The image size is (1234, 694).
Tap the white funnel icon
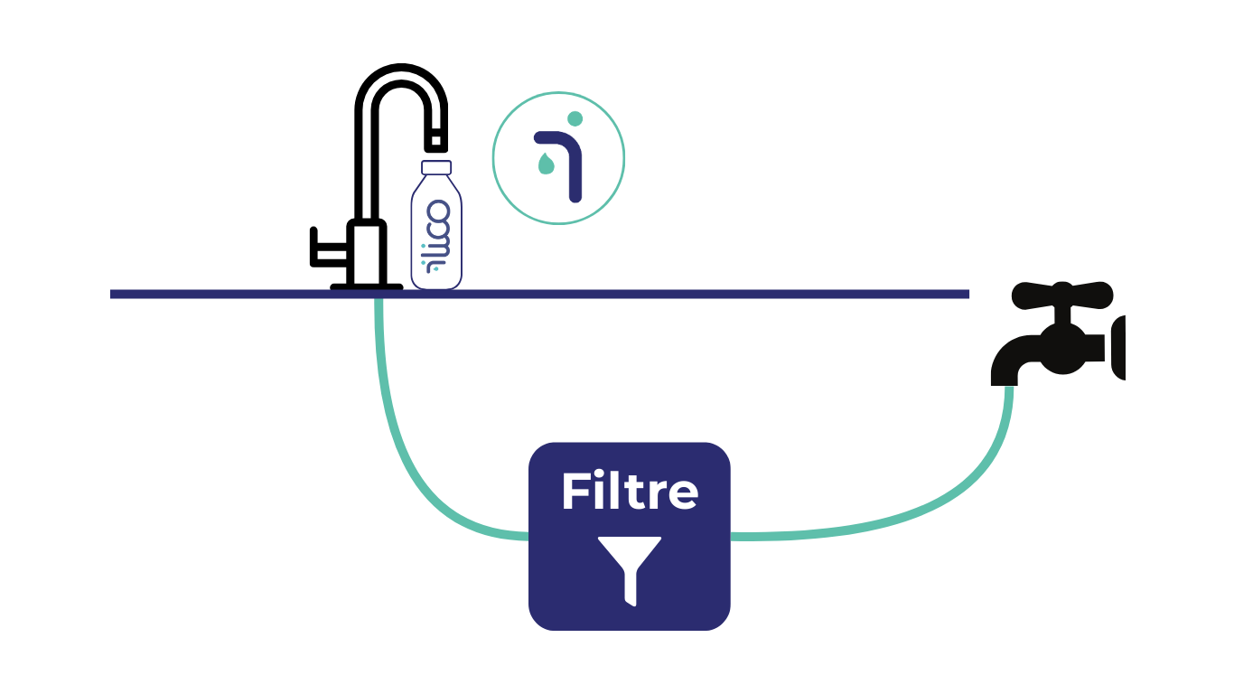point(630,570)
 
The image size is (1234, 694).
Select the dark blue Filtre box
point(629,536)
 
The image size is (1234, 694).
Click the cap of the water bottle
point(436,167)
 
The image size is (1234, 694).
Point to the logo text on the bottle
point(436,237)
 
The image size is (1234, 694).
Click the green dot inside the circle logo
point(575,118)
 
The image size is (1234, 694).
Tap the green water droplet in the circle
point(546,164)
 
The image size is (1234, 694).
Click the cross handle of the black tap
point(1062,295)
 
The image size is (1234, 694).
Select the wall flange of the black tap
point(1117,348)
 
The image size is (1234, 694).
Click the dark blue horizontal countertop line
point(539,295)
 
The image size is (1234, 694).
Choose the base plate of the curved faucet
point(367,286)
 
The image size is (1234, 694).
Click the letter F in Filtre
point(575,491)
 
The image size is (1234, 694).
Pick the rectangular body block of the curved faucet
point(367,252)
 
